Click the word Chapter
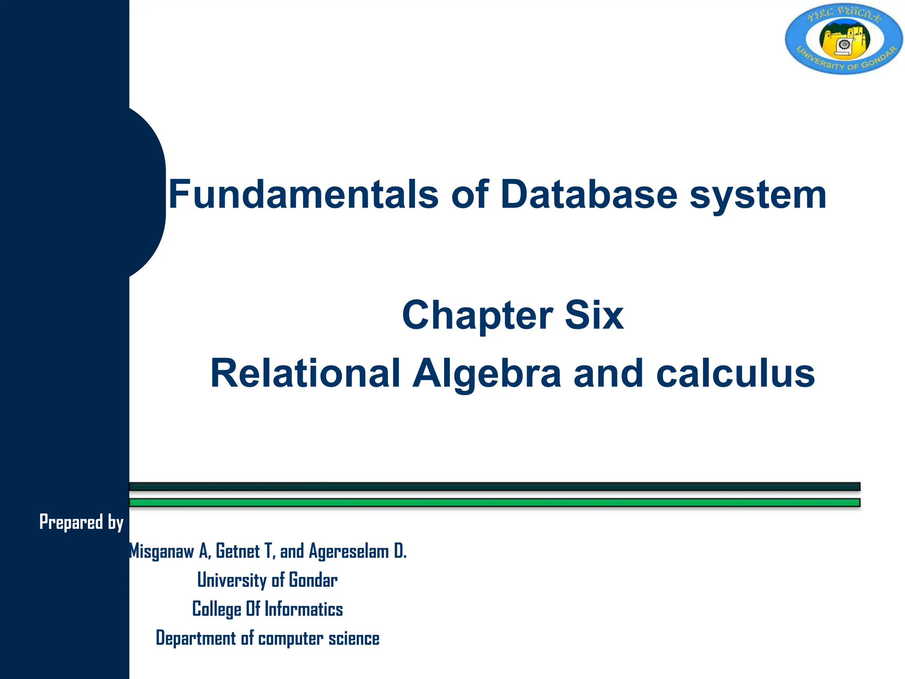click(477, 315)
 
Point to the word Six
click(594, 315)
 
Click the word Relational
click(305, 373)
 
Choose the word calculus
click(735, 373)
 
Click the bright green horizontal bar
click(494, 503)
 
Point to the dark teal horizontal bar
click(494, 487)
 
